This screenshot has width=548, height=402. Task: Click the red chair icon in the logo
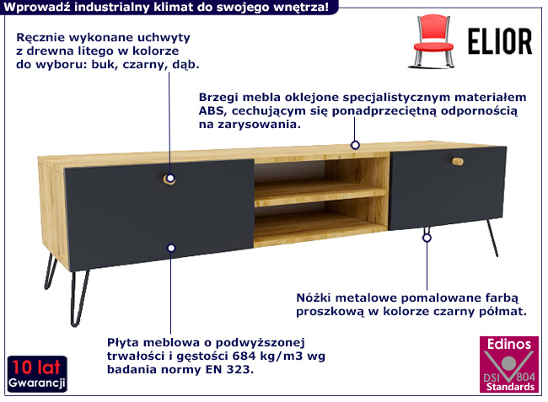[x=432, y=40]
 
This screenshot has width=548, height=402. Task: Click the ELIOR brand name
[x=500, y=41]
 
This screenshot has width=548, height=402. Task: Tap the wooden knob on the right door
[x=458, y=161]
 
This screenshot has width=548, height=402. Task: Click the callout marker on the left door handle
[x=170, y=179]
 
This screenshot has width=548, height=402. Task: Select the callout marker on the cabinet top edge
[x=355, y=145]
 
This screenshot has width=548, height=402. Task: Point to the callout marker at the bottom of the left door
[x=171, y=248]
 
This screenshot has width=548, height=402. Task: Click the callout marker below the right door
[x=427, y=238]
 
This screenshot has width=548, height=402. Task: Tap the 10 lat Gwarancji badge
[x=37, y=374]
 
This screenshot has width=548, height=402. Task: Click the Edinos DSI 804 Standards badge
[x=509, y=364]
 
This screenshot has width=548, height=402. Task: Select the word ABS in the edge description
[x=211, y=110]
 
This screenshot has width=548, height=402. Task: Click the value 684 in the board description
[x=244, y=356]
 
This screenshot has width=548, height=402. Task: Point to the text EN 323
[x=229, y=369]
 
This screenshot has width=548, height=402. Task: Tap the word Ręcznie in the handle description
[x=40, y=38]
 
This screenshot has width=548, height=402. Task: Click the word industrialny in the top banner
[x=112, y=8]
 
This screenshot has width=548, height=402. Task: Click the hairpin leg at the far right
[x=492, y=239]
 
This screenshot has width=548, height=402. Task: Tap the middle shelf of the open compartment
[x=321, y=193]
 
